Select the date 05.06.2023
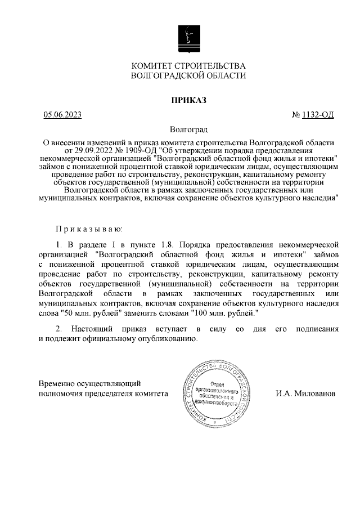63,115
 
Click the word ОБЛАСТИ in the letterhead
224,75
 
